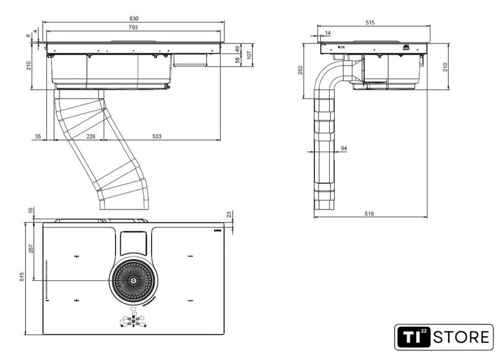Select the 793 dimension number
click(133, 28)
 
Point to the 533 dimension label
click(157, 137)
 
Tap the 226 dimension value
click(90, 137)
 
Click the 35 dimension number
click(38, 137)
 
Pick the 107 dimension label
click(250, 54)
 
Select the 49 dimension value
click(237, 48)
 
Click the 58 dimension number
click(237, 60)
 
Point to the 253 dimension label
click(301, 70)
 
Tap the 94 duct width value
click(344, 148)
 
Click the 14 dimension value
click(328, 33)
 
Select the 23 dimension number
click(229, 215)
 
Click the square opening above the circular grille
click(135, 241)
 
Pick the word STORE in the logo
click(460, 338)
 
